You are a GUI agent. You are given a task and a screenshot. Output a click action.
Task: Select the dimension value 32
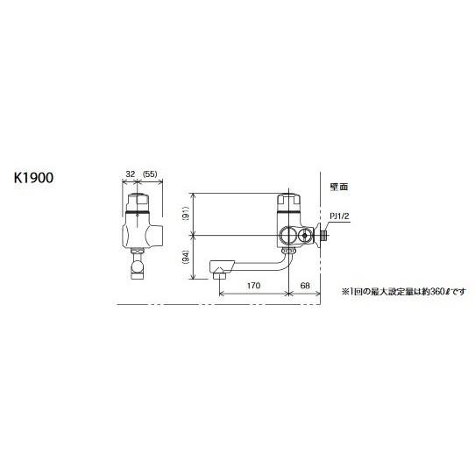pos(130,174)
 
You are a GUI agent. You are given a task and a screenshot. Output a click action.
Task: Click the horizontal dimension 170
pos(254,285)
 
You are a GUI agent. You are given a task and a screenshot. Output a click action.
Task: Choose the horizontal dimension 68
pos(306,285)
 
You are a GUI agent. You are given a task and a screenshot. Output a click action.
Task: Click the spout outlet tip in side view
pos(218,273)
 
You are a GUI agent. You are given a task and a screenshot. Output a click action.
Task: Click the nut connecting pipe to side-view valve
pos(287,252)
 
